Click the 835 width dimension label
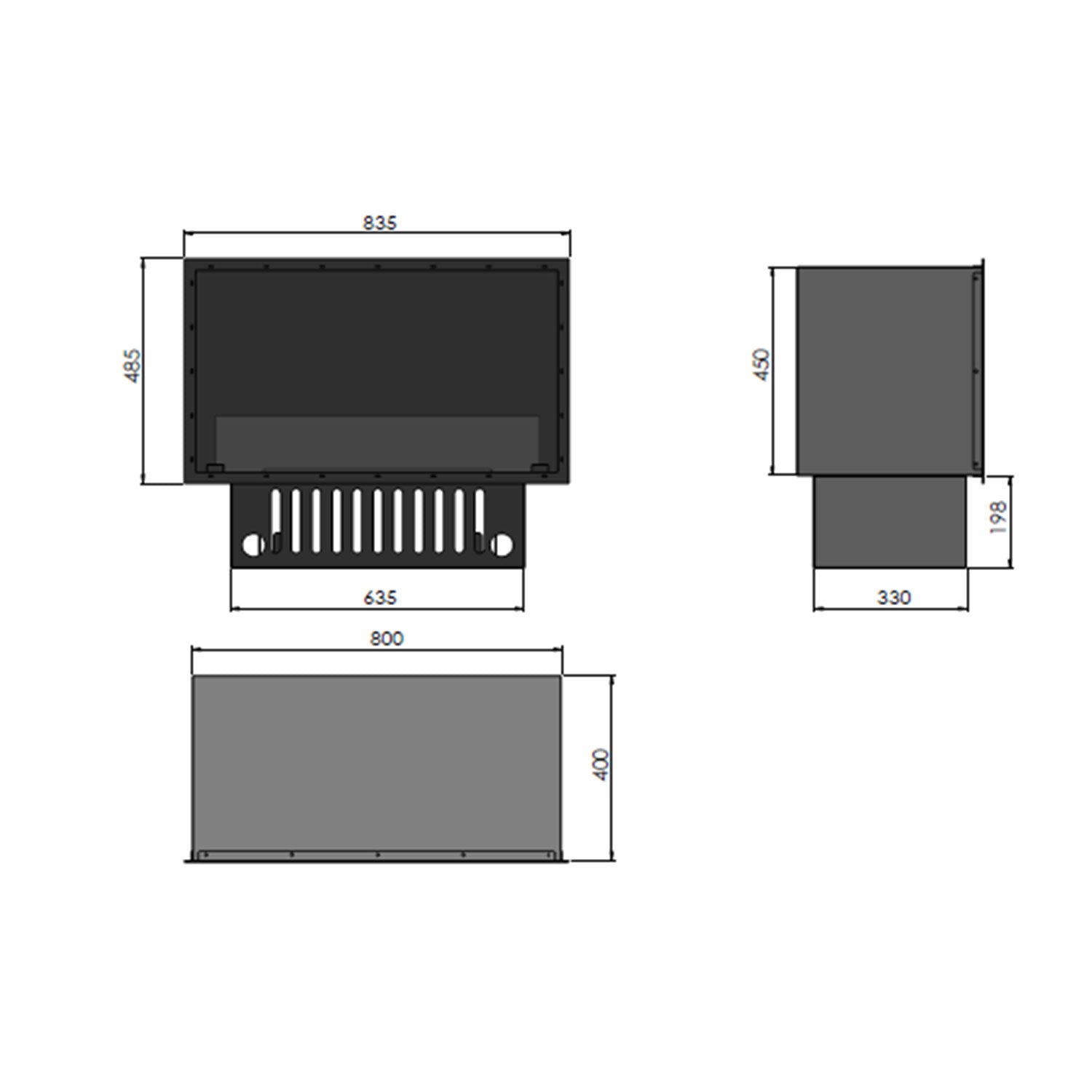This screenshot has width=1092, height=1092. tap(379, 222)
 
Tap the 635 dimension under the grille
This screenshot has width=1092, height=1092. tap(379, 597)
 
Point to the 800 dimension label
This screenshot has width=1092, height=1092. tap(386, 638)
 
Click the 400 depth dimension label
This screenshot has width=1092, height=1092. tap(601, 764)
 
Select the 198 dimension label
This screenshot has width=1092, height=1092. tap(999, 517)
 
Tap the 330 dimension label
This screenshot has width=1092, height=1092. tap(893, 597)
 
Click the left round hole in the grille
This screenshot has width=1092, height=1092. tap(251, 545)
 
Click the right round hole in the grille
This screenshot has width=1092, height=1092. tap(502, 545)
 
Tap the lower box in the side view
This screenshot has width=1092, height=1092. tap(890, 521)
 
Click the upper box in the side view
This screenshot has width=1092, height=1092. tap(885, 370)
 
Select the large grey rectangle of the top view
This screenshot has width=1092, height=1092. tap(377, 761)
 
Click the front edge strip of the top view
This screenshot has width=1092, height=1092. tap(377, 855)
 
